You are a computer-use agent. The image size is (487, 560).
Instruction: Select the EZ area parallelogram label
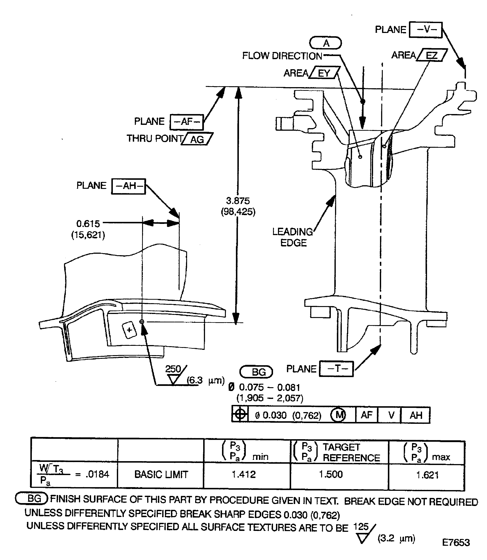click(x=432, y=55)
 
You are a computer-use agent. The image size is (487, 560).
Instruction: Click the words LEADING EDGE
click(x=293, y=237)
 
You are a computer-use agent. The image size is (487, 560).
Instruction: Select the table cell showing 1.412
click(x=244, y=474)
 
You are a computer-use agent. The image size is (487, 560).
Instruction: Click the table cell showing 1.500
click(x=331, y=474)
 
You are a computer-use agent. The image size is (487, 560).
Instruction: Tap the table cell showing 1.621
click(x=427, y=475)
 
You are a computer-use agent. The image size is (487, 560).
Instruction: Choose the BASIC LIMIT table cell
click(x=161, y=475)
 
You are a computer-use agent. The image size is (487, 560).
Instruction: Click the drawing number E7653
click(x=456, y=542)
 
